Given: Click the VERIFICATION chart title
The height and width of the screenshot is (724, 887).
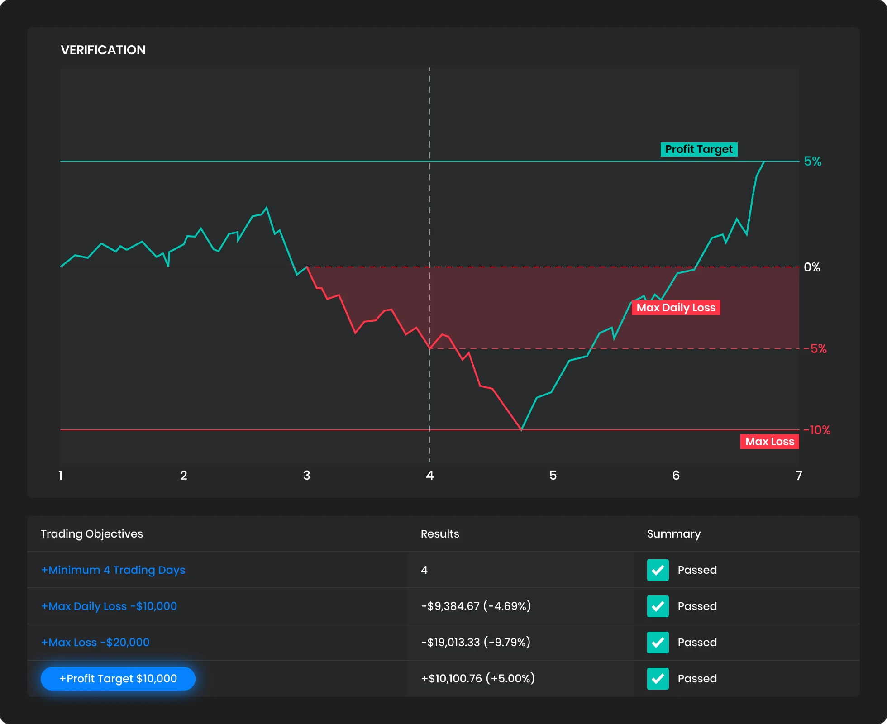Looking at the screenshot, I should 103,50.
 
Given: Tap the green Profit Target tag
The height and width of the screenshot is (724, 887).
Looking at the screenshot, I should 699,149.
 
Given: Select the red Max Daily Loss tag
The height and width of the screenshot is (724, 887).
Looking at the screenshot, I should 676,308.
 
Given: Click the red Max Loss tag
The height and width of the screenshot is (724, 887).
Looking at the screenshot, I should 769,442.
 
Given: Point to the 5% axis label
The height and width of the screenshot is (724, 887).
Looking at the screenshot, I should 812,162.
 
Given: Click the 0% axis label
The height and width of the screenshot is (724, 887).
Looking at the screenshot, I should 812,267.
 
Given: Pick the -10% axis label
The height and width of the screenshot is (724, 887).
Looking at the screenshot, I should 817,430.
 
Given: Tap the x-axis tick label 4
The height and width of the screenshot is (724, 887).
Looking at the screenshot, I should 430,476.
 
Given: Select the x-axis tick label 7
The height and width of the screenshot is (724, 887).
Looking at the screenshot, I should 799,476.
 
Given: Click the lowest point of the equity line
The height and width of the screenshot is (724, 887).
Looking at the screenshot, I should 521,429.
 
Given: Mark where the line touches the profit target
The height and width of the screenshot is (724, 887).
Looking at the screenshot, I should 764,161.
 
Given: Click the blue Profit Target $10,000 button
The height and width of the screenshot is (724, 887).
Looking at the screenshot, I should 118,679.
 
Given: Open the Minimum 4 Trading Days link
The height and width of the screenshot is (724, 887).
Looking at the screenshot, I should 113,570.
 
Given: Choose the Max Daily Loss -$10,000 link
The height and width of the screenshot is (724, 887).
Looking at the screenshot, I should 109,606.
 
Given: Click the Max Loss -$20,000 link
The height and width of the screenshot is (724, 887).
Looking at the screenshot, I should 95,643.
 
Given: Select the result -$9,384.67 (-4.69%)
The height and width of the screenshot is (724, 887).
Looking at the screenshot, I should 476,606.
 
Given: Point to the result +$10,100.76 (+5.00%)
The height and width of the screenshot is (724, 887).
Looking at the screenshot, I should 478,679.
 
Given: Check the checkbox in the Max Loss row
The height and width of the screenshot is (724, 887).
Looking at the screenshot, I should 658,643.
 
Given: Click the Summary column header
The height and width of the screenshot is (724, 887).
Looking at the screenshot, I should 673,534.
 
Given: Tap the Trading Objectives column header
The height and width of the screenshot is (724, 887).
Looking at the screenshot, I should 92,534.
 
